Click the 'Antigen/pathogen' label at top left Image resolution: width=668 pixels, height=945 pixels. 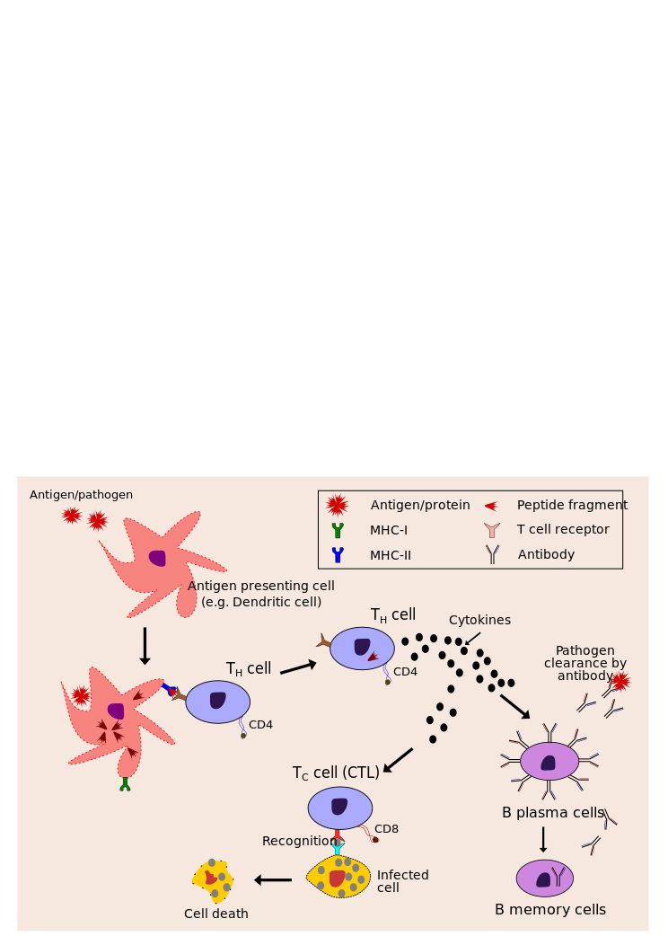[81, 495]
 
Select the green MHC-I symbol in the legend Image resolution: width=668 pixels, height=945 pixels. [338, 530]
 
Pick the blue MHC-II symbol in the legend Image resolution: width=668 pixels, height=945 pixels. [338, 555]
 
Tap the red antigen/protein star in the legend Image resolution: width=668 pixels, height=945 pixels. [337, 505]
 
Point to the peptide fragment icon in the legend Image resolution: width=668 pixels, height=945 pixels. [491, 506]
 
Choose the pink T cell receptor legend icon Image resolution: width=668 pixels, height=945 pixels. [492, 530]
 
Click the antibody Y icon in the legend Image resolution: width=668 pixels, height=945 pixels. [492, 554]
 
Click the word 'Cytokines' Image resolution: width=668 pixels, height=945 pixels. [479, 620]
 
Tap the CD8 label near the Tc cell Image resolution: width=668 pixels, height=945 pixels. [386, 829]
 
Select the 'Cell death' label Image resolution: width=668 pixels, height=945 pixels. [216, 914]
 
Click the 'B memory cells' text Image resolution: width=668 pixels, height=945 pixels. [550, 910]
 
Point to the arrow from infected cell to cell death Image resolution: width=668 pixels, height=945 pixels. [273, 880]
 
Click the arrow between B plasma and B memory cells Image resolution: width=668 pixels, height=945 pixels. [543, 839]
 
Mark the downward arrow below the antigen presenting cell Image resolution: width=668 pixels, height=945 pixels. [145, 646]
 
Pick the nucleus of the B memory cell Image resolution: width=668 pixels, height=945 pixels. [543, 880]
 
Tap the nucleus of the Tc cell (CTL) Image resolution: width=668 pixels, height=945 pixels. [339, 806]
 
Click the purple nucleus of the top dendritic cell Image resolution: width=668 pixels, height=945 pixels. [158, 558]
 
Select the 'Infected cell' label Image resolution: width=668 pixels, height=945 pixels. [402, 881]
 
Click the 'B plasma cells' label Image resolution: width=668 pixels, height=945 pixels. [553, 813]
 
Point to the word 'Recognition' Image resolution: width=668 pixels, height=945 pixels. [298, 842]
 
